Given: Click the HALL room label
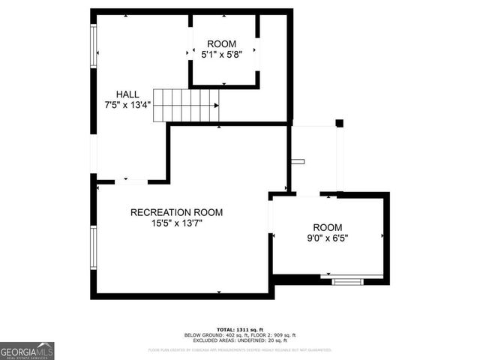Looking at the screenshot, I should (127, 94).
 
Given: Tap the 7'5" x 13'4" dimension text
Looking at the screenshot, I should (128, 105).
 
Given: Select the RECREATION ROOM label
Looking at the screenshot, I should (176, 212).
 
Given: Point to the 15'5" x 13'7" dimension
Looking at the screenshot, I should (176, 223).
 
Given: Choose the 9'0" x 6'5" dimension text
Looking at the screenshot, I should (327, 238).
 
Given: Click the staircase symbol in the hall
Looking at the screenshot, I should (190, 104).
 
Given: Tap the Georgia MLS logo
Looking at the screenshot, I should (27, 351).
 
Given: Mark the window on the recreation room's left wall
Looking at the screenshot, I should (94, 247).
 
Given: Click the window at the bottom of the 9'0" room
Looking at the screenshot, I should (346, 281).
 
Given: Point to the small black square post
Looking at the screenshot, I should (339, 123).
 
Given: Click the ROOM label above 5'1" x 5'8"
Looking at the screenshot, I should (221, 43).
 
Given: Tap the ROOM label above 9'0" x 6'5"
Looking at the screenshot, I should (327, 227).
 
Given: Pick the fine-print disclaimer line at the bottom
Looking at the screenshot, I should (239, 349).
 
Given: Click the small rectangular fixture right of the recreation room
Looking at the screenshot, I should (298, 161).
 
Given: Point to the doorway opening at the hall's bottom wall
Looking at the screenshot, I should (136, 181).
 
